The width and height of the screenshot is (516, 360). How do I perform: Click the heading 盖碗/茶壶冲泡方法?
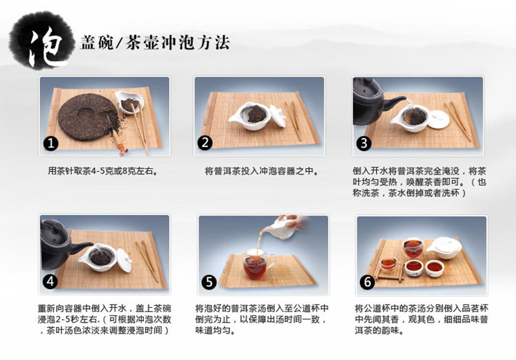[155, 43]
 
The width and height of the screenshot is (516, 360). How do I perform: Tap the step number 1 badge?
[51, 143]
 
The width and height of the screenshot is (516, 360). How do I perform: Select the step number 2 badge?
[204, 143]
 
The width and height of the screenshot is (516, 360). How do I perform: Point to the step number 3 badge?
[364, 143]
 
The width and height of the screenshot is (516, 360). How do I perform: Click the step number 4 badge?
[50, 281]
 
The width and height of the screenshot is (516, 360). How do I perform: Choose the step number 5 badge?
[209, 282]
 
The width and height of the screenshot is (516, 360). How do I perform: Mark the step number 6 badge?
[367, 282]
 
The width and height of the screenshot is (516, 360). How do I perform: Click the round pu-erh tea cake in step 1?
[88, 117]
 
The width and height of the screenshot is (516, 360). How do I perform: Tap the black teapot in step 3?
[372, 101]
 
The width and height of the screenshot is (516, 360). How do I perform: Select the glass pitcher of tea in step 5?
[257, 264]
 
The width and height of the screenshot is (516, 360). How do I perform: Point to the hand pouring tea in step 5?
[293, 222]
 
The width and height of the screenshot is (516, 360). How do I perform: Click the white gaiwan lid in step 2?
[277, 116]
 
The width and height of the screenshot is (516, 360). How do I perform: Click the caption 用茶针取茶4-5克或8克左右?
[103, 171]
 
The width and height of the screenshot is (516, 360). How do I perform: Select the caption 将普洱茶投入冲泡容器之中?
[262, 171]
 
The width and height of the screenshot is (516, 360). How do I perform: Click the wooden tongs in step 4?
[148, 261]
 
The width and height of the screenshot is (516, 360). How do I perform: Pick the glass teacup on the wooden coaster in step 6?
[388, 265]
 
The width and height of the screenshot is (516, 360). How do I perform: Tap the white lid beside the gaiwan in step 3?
[440, 119]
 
